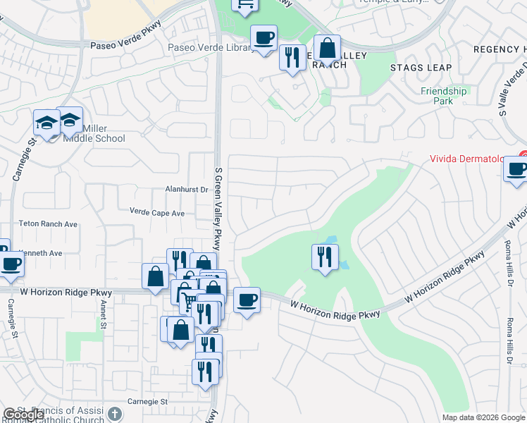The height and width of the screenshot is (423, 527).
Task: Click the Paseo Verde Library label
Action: tap(210, 47)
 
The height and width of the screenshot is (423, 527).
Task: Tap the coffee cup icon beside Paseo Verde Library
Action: tap(263, 37)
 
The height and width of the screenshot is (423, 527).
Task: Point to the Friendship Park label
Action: tap(444, 96)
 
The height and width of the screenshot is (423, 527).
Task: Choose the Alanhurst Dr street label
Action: tap(187, 190)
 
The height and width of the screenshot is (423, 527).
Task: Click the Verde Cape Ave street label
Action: tap(157, 212)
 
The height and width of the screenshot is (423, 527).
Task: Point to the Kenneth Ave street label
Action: tap(41, 253)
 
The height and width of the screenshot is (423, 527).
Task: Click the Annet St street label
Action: tap(104, 314)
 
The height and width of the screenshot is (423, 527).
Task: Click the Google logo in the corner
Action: tap(23, 415)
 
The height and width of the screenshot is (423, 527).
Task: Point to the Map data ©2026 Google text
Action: tap(483, 417)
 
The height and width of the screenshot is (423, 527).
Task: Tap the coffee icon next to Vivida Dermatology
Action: tap(516, 169)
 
